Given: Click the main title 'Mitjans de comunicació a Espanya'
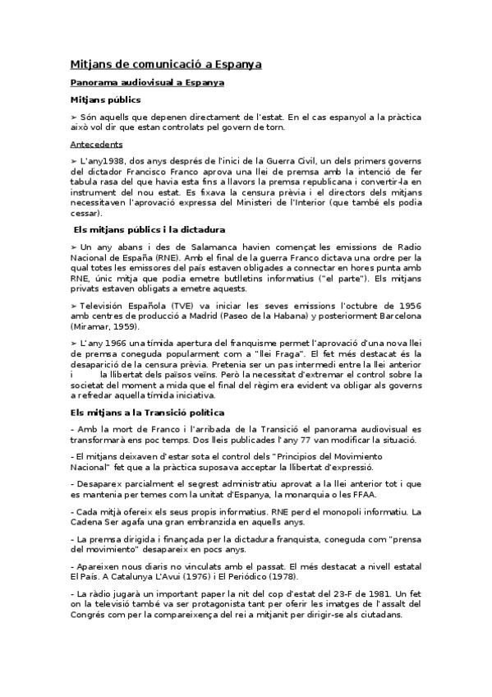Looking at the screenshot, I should pos(165,64).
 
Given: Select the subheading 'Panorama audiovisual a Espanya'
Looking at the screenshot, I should pos(148,83).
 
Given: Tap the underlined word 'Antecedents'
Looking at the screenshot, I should pos(96,144).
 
